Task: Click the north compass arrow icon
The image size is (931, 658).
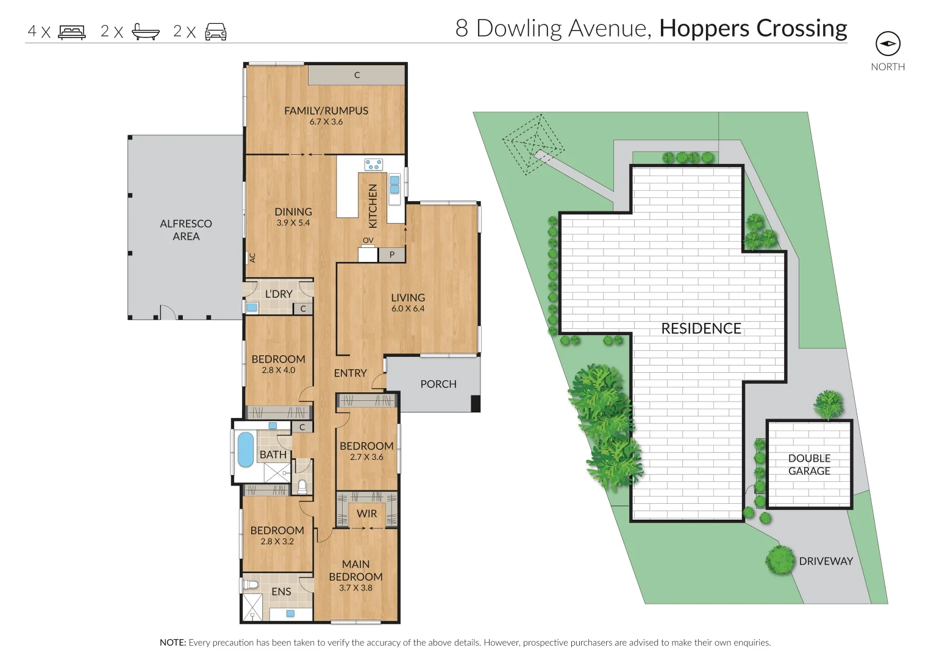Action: point(888,44)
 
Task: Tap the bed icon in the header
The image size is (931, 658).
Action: point(72,32)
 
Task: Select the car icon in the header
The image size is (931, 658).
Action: point(216,32)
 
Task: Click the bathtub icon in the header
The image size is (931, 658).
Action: point(146,32)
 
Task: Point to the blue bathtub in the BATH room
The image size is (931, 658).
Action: point(245,450)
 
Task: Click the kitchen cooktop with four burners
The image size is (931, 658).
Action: point(374,164)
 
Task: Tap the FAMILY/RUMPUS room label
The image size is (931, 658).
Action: point(326,111)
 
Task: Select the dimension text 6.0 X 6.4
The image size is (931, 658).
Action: point(408,309)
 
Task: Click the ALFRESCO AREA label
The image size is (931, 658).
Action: point(186,230)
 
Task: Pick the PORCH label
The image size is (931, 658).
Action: point(438,384)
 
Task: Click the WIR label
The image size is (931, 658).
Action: point(367,514)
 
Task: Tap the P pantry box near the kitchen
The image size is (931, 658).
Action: point(392,255)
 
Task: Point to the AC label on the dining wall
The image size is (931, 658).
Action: point(252,258)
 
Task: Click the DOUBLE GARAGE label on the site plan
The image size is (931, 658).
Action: point(809,465)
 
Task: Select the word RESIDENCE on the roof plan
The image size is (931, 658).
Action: point(701,329)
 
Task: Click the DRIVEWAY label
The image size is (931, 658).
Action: point(826,562)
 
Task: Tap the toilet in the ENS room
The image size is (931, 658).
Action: point(251,585)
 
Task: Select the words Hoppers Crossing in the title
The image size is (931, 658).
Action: point(753,29)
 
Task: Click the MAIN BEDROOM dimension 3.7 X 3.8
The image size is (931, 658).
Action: point(355,588)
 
